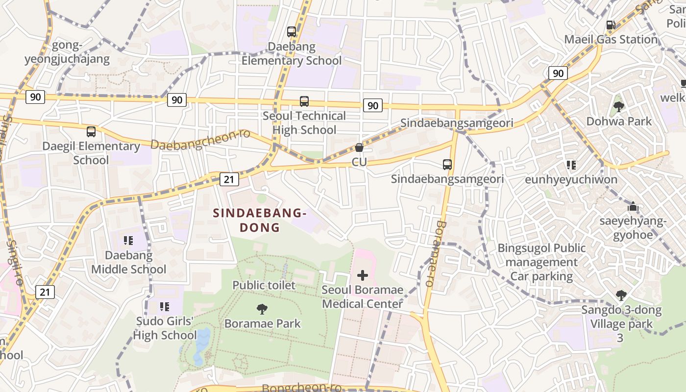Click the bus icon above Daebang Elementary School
pos(292,32)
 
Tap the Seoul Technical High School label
pos(304,123)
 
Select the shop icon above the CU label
pos(359,147)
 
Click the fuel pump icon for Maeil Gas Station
pos(611,24)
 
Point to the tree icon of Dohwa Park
pos(619,106)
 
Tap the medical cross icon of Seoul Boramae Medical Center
pos(363,275)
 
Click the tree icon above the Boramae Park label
pos(262,309)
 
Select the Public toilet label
pos(264,285)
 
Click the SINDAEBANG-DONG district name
pos(260,220)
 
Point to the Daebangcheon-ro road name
pos(200,139)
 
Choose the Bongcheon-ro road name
pos(301,388)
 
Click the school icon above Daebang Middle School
pos(128,241)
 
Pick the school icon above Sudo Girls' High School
pos(165,307)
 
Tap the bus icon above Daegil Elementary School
pos(91,131)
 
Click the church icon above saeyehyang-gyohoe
pos(633,207)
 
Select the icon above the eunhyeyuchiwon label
pos(571,165)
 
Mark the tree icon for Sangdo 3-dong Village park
pos(621,295)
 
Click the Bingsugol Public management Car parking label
pos(541,262)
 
